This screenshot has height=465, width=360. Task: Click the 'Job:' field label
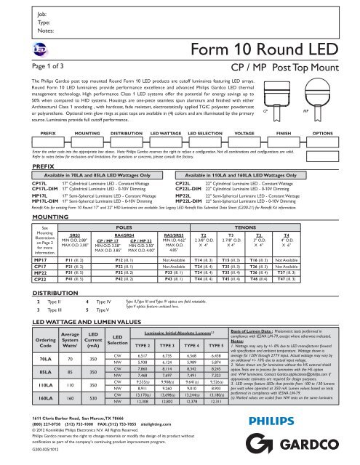[21, 14]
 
